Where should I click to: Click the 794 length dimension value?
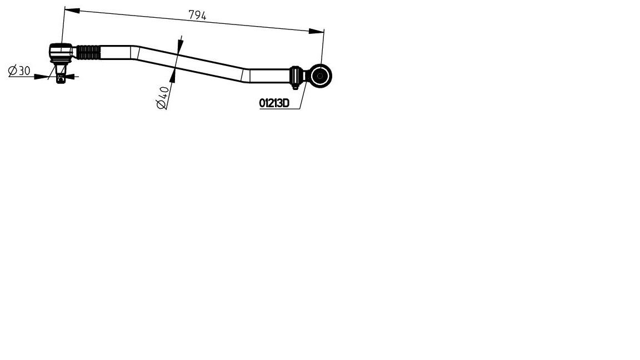[x=198, y=16]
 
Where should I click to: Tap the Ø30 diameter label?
[x=19, y=70]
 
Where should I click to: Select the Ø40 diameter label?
[x=163, y=98]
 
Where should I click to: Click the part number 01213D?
[x=274, y=103]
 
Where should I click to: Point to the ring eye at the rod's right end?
[x=320, y=76]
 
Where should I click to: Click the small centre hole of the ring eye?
[x=320, y=76]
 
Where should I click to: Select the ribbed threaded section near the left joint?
[x=88, y=52]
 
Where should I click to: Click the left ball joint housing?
[x=61, y=52]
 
